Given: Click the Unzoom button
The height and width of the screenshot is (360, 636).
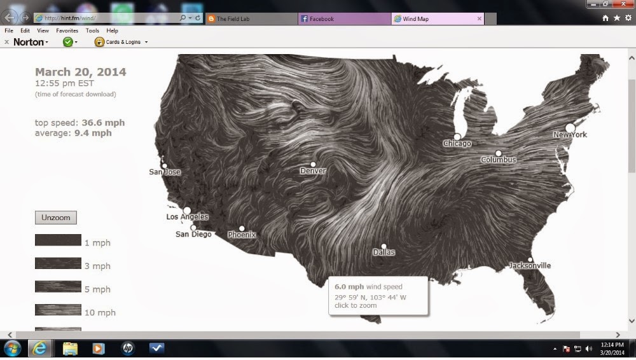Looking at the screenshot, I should [55, 218].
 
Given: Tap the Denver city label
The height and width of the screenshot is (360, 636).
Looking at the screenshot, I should [313, 171].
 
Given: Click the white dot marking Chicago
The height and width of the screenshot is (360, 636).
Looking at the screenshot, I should [457, 136].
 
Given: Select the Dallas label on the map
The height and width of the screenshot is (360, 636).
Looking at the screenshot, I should [384, 253].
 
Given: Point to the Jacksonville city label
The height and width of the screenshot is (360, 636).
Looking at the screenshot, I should [530, 266].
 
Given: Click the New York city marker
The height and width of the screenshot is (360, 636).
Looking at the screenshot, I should [570, 128].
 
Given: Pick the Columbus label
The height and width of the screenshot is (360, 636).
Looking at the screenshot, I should [499, 160].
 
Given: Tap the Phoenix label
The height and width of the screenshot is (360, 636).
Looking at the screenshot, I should [242, 235].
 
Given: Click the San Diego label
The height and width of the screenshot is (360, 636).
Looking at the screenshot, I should [193, 235].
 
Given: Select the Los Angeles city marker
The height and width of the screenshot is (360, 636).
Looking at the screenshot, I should [187, 210].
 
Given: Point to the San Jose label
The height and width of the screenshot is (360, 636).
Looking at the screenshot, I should [165, 172].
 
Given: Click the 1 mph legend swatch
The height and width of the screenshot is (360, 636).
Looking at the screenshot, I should [58, 240].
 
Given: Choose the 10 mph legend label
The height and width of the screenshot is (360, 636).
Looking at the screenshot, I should [100, 313].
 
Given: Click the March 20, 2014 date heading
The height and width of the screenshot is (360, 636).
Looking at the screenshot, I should [80, 72].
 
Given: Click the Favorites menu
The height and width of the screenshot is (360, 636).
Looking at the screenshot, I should [67, 31].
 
